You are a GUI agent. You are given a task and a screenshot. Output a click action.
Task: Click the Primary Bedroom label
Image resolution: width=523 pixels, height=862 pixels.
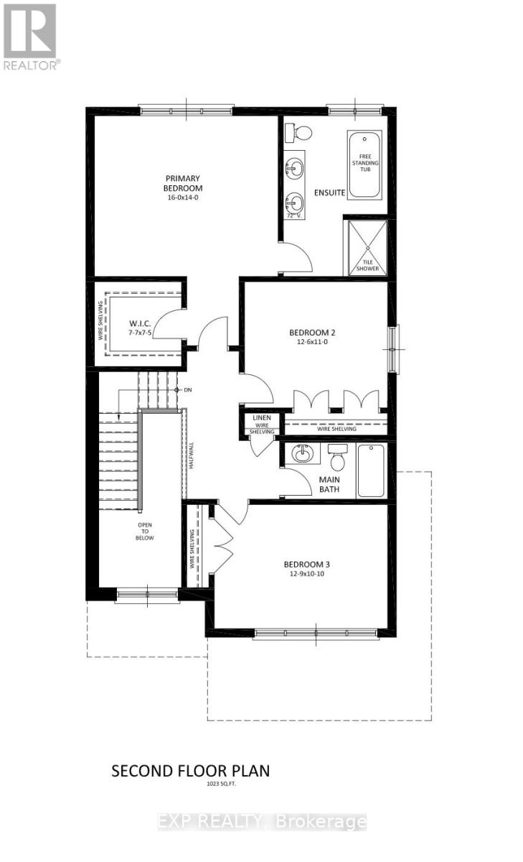[183, 183]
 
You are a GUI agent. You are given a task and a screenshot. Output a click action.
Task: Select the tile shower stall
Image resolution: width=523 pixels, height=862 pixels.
[368, 247]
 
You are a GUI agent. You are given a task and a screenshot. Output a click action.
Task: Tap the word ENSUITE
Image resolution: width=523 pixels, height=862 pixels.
[330, 193]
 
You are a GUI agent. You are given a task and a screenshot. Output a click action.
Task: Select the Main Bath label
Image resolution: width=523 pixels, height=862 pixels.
[330, 485]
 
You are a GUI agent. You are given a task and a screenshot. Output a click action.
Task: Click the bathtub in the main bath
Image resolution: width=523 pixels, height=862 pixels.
[372, 471]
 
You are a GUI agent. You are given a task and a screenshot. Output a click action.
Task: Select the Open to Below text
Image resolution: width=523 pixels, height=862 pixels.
[146, 531]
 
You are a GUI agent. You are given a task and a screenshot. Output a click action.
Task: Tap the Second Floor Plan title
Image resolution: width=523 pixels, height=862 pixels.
[190, 771]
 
